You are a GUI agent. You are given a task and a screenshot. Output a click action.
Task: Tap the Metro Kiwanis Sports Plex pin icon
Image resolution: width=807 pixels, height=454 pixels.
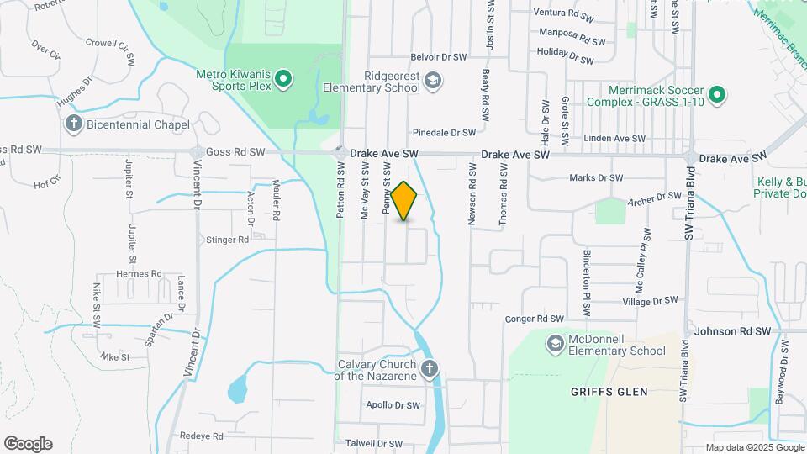click(284, 80)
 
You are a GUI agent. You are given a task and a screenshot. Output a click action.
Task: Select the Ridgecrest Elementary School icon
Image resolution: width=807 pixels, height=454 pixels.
click(434, 81)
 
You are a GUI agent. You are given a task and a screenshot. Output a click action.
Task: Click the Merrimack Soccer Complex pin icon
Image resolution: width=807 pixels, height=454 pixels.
click(717, 95)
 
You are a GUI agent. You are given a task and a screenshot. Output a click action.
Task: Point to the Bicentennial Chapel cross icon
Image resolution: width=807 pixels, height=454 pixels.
click(74, 124)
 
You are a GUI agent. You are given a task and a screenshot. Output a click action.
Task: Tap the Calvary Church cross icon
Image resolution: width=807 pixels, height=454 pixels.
click(430, 368)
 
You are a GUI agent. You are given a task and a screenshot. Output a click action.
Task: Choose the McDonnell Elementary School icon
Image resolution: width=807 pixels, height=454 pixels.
click(555, 344)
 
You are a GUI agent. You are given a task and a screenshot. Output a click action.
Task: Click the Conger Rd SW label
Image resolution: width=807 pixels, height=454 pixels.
click(533, 319)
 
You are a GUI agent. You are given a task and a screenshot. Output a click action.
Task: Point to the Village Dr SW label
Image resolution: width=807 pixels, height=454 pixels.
click(649, 301)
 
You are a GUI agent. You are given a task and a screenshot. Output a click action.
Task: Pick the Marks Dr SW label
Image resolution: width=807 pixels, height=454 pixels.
click(596, 178)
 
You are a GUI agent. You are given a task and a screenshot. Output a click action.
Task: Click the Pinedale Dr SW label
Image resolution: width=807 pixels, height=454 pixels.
click(445, 133)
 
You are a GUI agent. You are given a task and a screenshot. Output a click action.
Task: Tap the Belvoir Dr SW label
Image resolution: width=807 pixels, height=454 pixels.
click(438, 58)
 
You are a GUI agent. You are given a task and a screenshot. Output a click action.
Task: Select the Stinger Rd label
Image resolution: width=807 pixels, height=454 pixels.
click(227, 240)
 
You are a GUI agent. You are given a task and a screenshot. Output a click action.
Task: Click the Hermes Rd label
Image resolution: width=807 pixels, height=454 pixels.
click(139, 274)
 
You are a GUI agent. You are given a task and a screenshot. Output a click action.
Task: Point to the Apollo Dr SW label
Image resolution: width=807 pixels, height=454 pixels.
click(393, 405)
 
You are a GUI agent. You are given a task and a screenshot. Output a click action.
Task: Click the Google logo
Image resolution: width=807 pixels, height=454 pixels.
click(28, 444)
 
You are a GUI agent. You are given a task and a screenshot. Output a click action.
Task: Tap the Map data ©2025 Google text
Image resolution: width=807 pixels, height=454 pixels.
click(754, 447)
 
